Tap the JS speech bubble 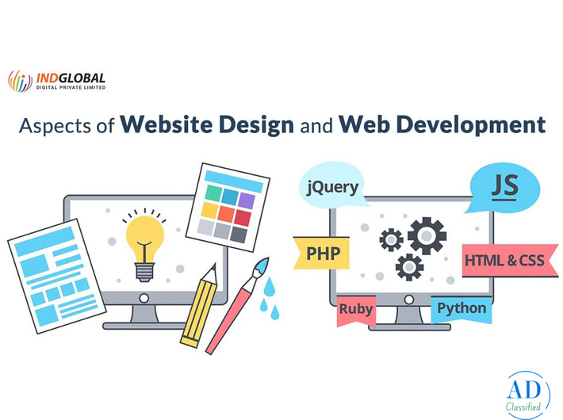click(502, 187)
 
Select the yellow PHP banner click(323, 253)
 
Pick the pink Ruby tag click(356, 307)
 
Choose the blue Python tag click(462, 307)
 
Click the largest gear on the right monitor click(427, 235)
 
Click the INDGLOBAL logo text click(70, 78)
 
